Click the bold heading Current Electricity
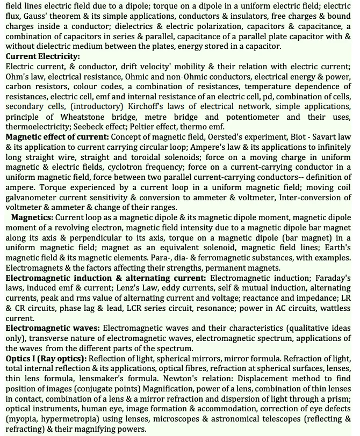42,56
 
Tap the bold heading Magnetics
32,218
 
